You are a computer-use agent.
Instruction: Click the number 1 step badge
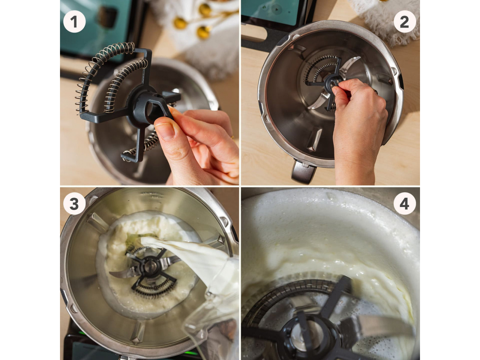(x=74, y=22)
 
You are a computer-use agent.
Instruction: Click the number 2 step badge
(x=405, y=22)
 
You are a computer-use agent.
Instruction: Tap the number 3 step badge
(x=74, y=204)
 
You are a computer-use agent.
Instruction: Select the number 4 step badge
(x=405, y=204)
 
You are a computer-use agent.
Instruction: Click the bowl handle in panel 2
(x=304, y=172)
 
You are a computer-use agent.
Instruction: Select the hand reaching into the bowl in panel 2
(x=359, y=122)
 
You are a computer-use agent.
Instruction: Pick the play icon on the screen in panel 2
(x=277, y=9)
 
